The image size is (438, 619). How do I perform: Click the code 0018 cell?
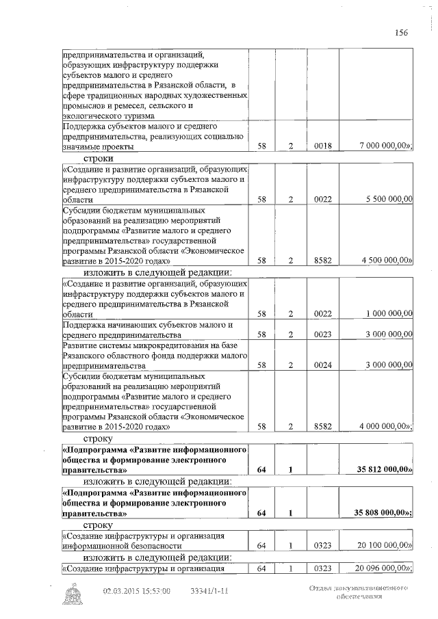322,146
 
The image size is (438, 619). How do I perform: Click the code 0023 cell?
322,334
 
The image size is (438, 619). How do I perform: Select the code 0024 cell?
322,365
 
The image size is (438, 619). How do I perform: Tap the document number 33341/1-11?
209,591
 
